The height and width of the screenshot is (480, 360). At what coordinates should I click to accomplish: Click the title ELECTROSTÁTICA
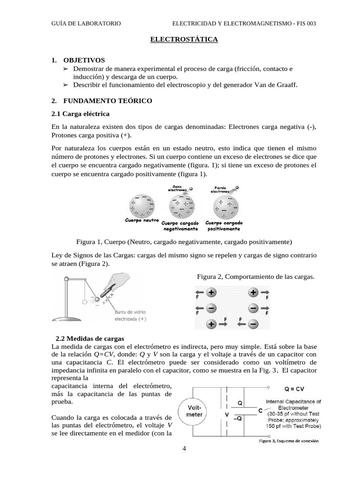pos(184,40)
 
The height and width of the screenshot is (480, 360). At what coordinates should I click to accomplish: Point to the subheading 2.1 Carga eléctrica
pos(80,114)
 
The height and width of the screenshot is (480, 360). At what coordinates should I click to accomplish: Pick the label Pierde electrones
pos(220,189)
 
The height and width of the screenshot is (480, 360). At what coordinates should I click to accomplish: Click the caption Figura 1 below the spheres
pos(184,242)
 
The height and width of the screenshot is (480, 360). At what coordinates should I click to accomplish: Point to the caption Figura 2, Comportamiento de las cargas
pos(255,277)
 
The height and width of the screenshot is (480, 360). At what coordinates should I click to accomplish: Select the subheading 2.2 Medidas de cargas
pos(90,338)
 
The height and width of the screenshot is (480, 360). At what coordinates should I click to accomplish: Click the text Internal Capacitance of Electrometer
pos(293,405)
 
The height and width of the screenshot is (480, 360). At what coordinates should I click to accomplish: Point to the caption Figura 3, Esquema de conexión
pos(289,441)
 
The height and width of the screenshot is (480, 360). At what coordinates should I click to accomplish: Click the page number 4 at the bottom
pos(184,449)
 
